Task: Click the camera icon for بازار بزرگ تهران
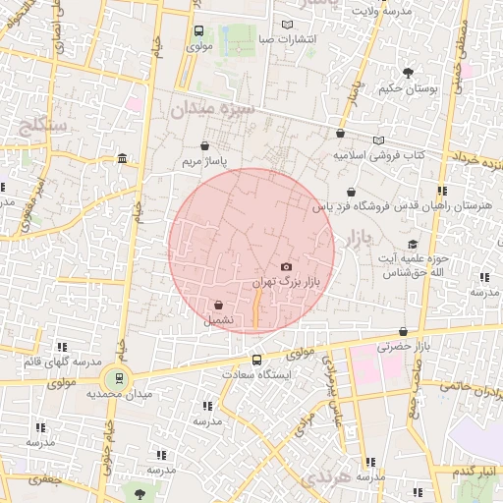286,267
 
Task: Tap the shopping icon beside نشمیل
217,305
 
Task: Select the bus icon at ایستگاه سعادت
257,360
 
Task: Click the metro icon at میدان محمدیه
120,377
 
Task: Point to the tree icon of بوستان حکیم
408,72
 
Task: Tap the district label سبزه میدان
213,108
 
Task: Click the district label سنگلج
42,126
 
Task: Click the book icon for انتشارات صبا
287,25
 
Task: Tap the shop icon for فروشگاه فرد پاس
351,192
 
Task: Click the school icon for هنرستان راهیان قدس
443,191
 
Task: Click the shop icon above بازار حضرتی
403,332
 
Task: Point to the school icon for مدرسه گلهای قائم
63,347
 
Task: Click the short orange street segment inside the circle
256,306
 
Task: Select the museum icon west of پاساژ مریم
122,159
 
